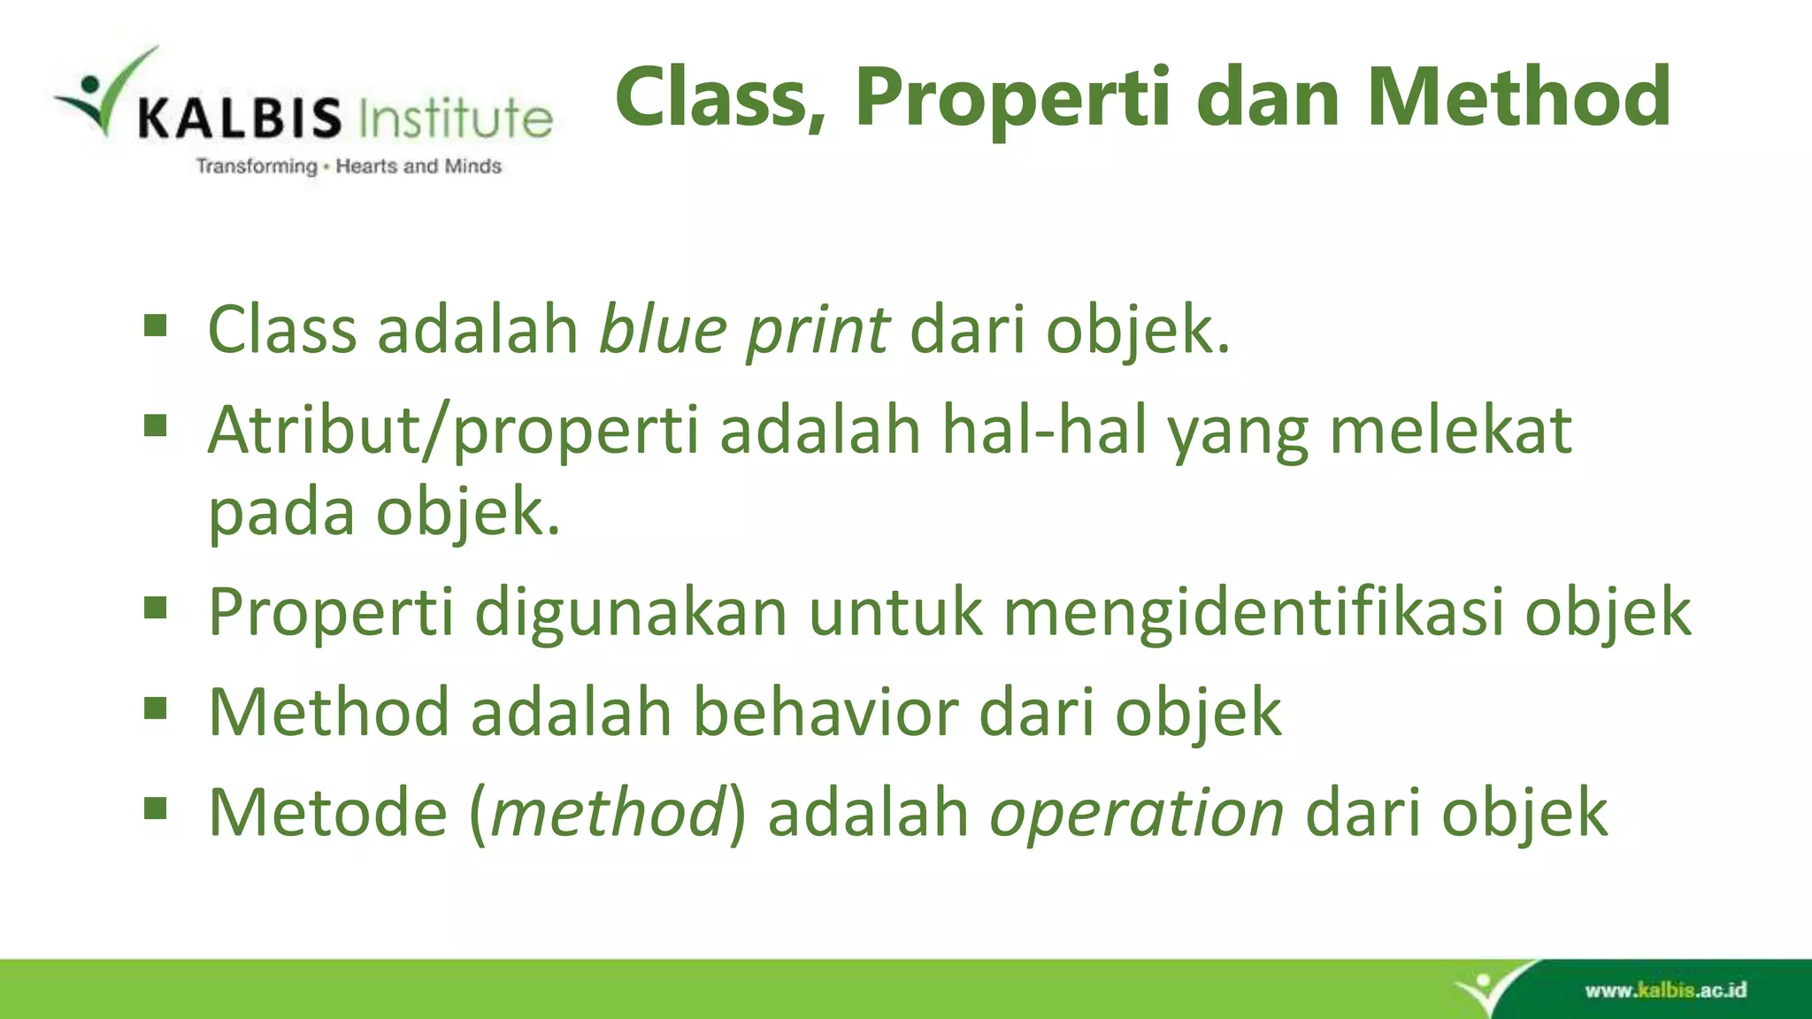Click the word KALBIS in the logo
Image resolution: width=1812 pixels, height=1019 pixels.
pyautogui.click(x=239, y=119)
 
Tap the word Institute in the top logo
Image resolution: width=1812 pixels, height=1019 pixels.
pyautogui.click(x=456, y=119)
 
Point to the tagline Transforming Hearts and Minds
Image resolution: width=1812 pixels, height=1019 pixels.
pyautogui.click(x=349, y=166)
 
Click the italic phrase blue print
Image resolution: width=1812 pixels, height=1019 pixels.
pyautogui.click(x=744, y=330)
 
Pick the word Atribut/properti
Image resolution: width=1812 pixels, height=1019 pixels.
pyautogui.click(x=453, y=431)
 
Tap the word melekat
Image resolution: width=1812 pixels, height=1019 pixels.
pyautogui.click(x=1450, y=431)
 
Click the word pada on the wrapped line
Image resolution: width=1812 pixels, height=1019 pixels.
pyautogui.click(x=280, y=513)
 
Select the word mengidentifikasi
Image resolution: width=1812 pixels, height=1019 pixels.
pyautogui.click(x=1253, y=612)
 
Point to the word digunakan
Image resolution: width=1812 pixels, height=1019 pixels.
pyautogui.click(x=630, y=612)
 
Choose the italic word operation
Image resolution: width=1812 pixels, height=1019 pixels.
pyautogui.click(x=1136, y=812)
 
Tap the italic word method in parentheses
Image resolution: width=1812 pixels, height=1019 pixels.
pyautogui.click(x=608, y=812)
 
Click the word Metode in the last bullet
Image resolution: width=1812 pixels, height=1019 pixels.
pyautogui.click(x=327, y=812)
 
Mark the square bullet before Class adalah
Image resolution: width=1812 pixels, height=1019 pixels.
pyautogui.click(x=156, y=326)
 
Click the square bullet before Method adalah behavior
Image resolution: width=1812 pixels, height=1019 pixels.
pyautogui.click(x=156, y=709)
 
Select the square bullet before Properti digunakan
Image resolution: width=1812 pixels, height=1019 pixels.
pyautogui.click(x=156, y=609)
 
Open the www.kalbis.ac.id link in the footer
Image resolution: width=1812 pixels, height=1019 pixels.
pyautogui.click(x=1665, y=990)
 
